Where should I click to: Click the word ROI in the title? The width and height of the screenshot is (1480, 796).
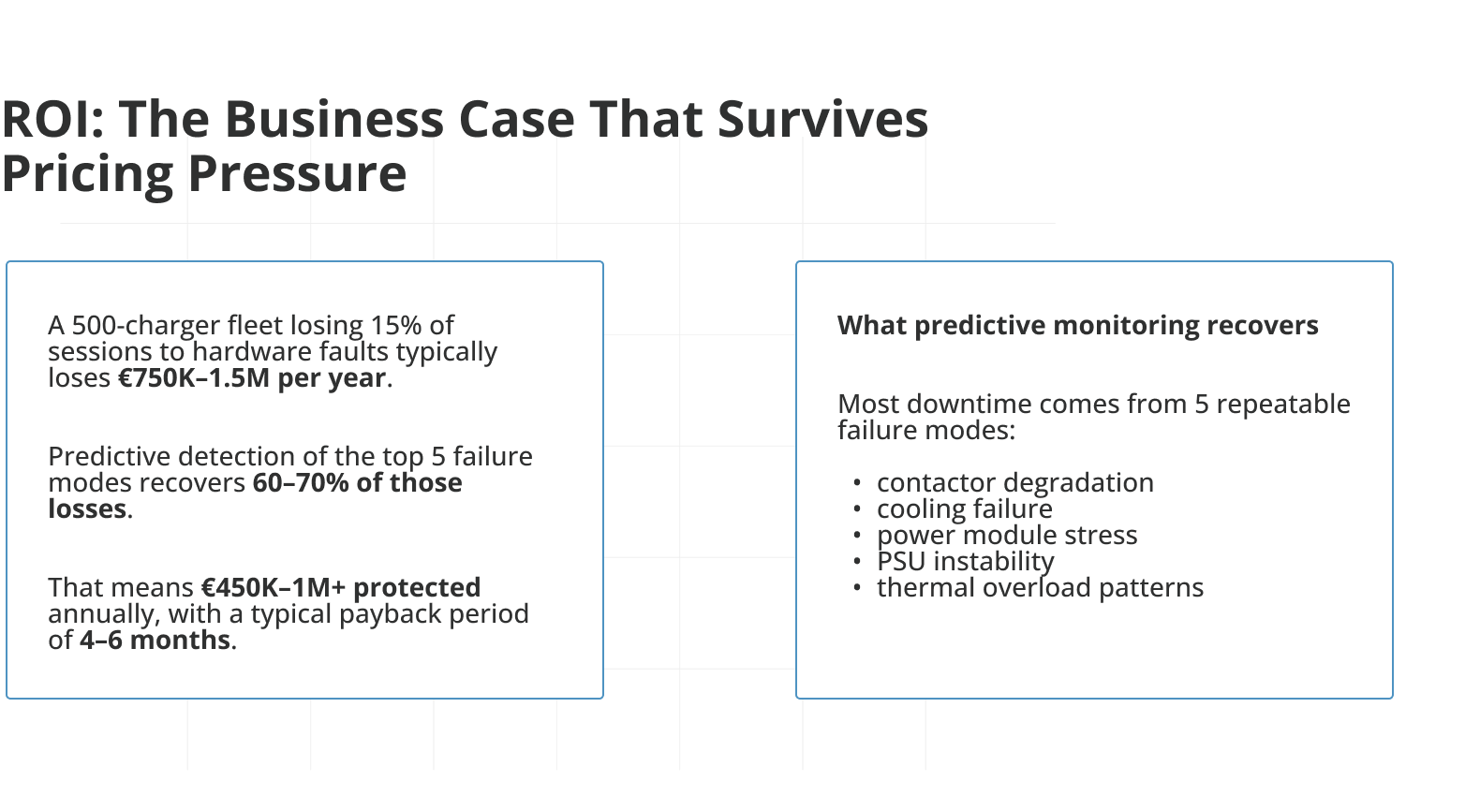tap(52, 120)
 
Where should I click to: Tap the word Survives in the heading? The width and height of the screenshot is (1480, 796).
tap(822, 120)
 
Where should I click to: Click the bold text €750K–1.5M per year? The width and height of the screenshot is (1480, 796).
tap(252, 377)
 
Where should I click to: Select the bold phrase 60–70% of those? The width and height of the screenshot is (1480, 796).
tap(358, 483)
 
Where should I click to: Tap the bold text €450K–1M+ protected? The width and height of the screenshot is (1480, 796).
tap(341, 587)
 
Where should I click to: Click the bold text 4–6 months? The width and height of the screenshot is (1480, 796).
tap(155, 641)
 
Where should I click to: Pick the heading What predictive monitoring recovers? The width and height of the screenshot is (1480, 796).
tap(1077, 326)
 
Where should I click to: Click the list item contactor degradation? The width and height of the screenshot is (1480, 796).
tap(1014, 483)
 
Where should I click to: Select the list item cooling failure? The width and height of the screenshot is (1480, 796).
tap(965, 509)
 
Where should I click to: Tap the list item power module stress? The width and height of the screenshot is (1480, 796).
tap(1007, 535)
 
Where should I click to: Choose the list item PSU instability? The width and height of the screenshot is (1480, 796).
tap(966, 562)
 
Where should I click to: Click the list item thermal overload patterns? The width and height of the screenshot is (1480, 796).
tap(1040, 588)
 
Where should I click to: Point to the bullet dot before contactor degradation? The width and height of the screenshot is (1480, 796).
tap(857, 483)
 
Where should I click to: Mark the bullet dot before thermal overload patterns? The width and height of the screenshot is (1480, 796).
tap(857, 588)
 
